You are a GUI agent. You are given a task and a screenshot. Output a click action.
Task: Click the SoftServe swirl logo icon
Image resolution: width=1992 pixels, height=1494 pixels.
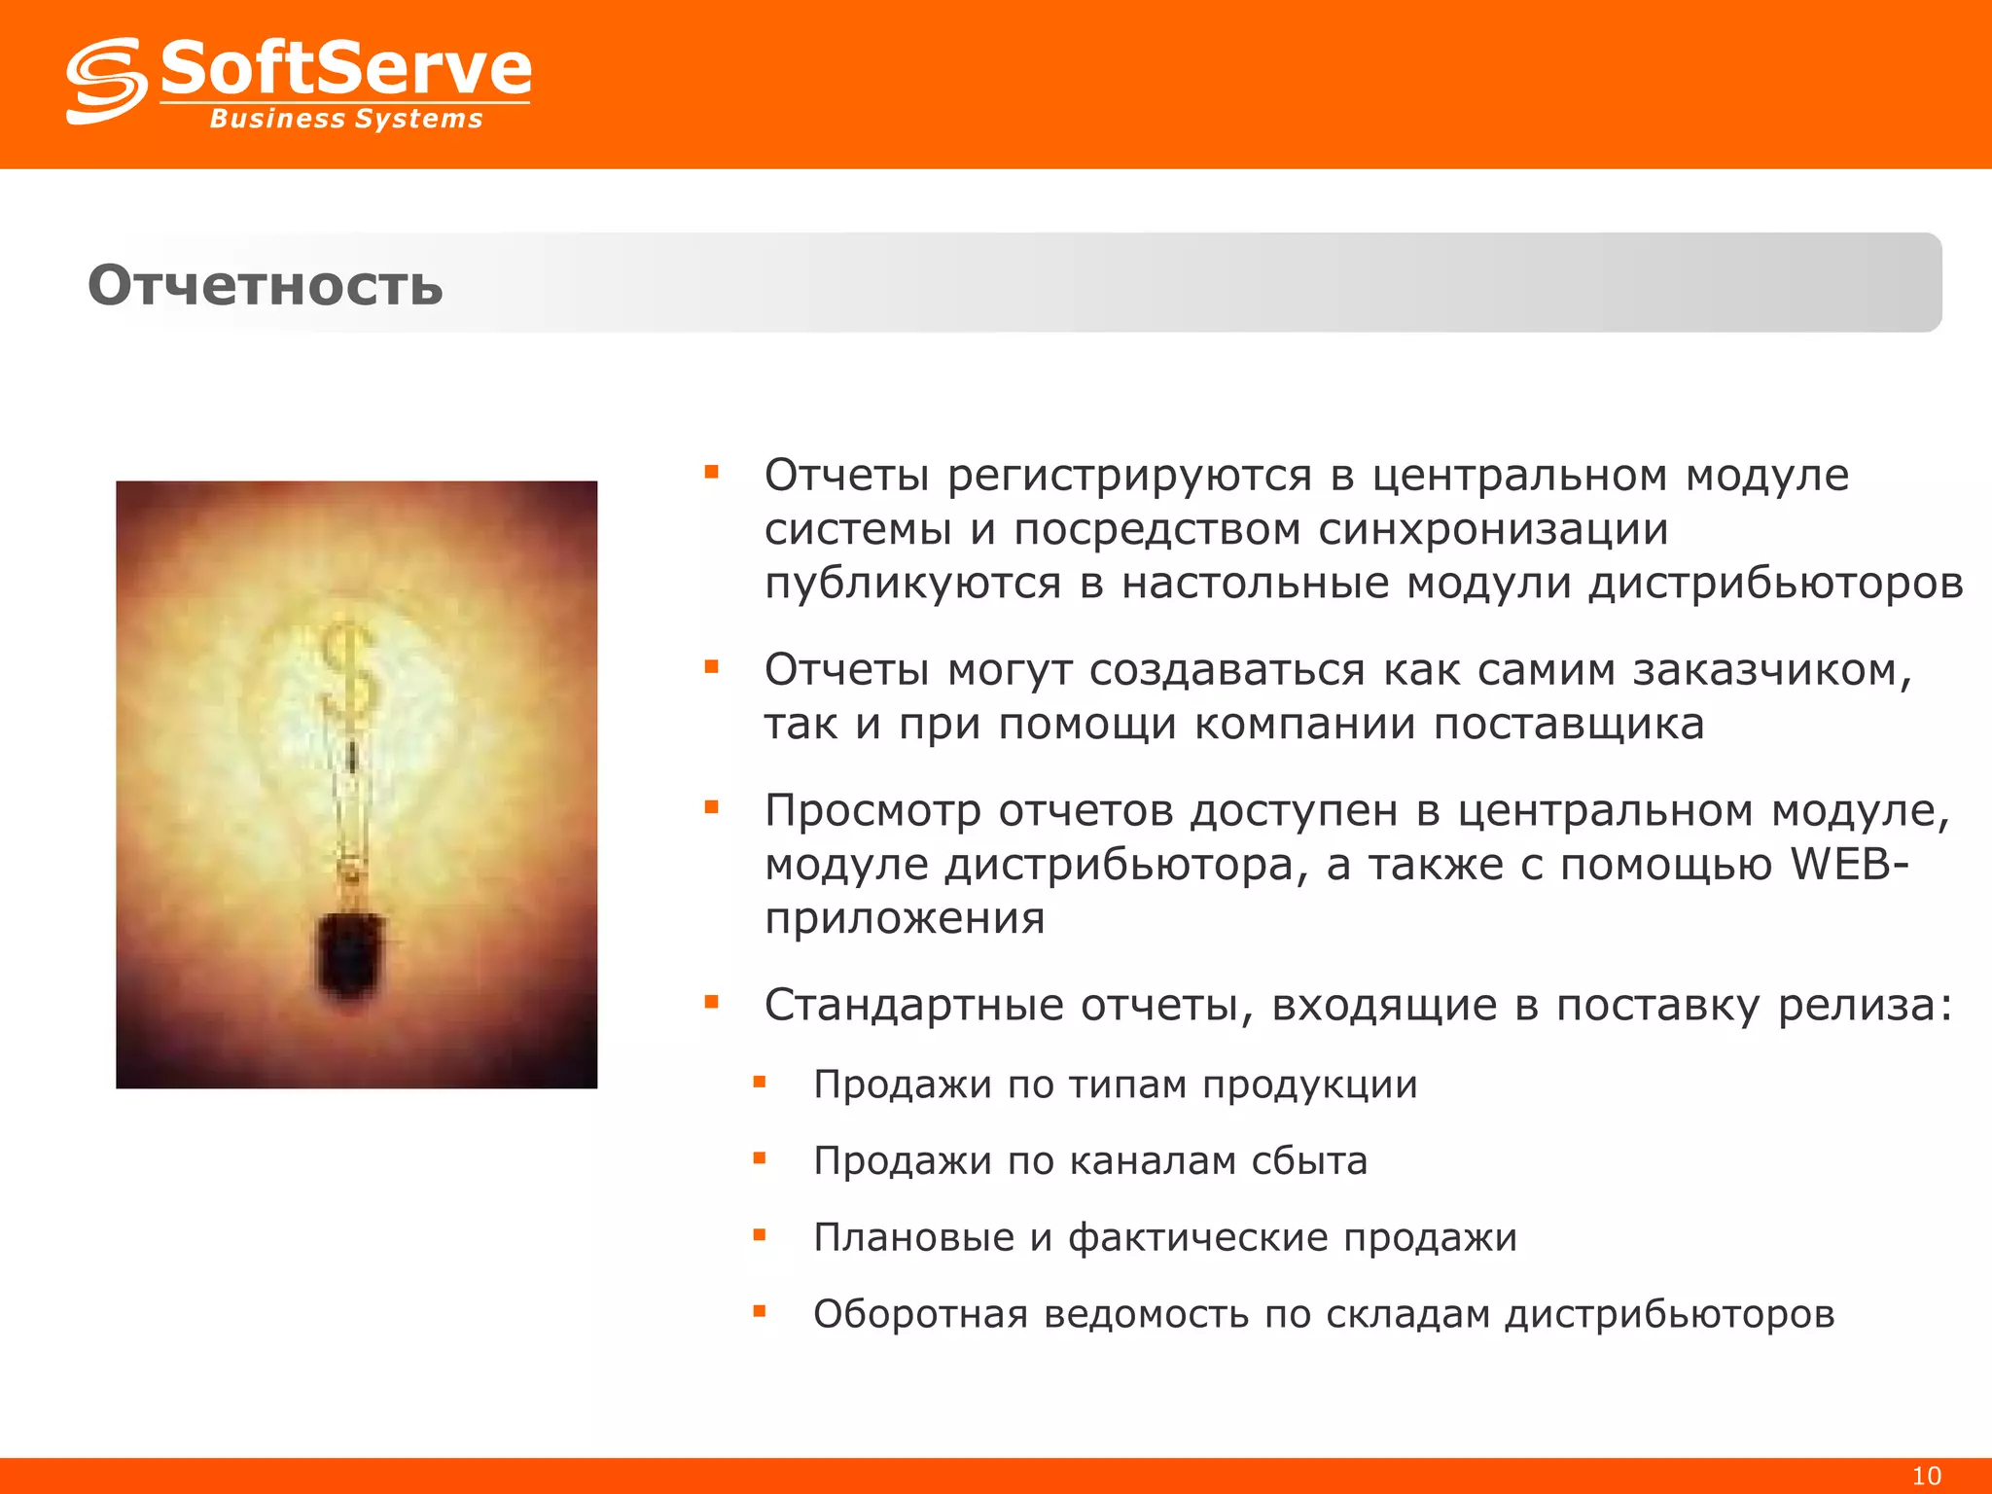point(106,81)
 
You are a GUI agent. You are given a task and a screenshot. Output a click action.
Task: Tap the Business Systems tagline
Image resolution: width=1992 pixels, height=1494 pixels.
point(346,119)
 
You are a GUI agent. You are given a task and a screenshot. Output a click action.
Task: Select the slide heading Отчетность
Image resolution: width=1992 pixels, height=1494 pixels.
point(266,285)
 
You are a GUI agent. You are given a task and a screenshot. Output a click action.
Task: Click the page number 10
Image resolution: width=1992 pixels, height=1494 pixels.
point(1926,1476)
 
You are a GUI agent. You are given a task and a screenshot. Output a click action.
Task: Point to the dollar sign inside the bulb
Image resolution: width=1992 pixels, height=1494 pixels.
point(347,671)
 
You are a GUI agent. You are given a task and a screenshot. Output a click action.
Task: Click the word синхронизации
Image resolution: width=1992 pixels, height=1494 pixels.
point(1493,529)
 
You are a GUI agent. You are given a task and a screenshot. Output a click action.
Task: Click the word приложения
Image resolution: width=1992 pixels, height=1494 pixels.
point(905,918)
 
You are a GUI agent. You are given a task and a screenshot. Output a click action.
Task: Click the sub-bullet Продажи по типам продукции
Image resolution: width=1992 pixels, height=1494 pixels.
point(1115,1085)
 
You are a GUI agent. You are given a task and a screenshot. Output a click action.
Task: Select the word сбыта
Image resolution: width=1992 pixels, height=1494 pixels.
point(1309,1160)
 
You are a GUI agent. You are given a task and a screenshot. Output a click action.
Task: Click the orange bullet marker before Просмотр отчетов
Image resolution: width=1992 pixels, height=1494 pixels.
point(712,807)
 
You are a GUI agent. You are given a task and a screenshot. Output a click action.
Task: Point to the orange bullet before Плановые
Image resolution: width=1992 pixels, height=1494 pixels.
point(760,1235)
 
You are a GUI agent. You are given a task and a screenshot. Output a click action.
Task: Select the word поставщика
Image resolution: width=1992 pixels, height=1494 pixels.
point(1568,725)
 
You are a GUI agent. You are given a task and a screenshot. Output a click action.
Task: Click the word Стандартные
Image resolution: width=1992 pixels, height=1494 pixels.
point(913,1005)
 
